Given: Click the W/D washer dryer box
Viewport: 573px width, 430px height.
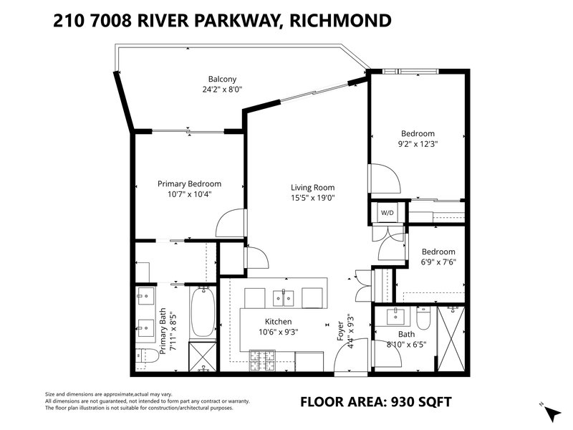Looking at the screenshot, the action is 387,212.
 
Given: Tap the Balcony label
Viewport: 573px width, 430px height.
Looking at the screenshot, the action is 222,79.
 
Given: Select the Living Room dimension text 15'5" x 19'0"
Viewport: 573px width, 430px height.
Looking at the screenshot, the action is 313,198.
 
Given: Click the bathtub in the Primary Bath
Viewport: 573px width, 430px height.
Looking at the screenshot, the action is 203,312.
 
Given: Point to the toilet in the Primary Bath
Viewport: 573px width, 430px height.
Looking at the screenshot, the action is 148,355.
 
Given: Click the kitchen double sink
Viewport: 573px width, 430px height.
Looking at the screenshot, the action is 283,297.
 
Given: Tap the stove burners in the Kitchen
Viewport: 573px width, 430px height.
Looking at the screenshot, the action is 262,360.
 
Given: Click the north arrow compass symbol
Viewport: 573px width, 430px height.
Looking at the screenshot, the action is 552,414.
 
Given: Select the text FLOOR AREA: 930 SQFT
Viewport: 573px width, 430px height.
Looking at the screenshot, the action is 375,402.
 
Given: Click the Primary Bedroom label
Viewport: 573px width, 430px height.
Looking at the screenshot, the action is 189,184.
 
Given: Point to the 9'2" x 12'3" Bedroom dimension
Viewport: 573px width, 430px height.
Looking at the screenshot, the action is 418,144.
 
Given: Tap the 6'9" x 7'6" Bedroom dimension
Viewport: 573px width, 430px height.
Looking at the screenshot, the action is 438,262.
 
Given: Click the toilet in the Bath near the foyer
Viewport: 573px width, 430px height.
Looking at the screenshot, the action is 424,317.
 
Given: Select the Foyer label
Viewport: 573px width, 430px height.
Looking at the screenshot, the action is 340,331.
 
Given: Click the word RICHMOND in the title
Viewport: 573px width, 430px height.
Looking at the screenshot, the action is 340,20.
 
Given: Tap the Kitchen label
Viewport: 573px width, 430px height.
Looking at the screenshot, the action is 278,322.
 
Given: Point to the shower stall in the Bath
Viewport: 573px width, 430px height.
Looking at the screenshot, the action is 451,338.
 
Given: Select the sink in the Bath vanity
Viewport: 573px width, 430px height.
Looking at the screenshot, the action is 395,317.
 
